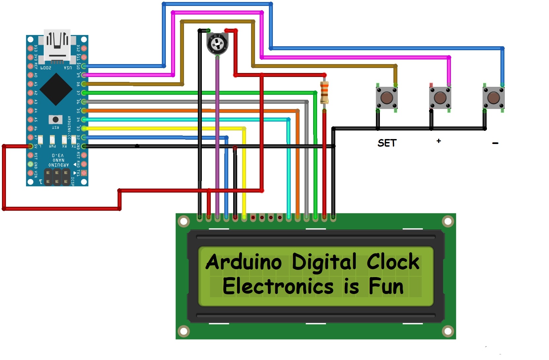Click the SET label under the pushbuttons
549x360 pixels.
(x=387, y=143)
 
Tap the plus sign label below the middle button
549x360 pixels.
(x=439, y=141)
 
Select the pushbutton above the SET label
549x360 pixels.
(x=387, y=98)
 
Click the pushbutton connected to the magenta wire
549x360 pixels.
(x=440, y=98)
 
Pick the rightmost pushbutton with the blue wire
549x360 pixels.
(x=494, y=98)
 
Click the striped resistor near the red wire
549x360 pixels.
(x=324, y=92)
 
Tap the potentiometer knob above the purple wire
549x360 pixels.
(x=217, y=44)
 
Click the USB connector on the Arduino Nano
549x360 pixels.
(x=57, y=45)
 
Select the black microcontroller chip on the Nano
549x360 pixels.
(x=56, y=89)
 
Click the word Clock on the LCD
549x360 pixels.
(x=393, y=262)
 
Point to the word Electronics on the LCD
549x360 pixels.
(x=278, y=286)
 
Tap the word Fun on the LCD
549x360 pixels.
(x=386, y=286)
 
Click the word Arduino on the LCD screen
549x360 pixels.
(x=243, y=262)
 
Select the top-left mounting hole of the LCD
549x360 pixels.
(x=184, y=221)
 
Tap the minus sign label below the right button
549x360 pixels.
(x=495, y=143)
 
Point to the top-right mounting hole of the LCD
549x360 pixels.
(x=448, y=221)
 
